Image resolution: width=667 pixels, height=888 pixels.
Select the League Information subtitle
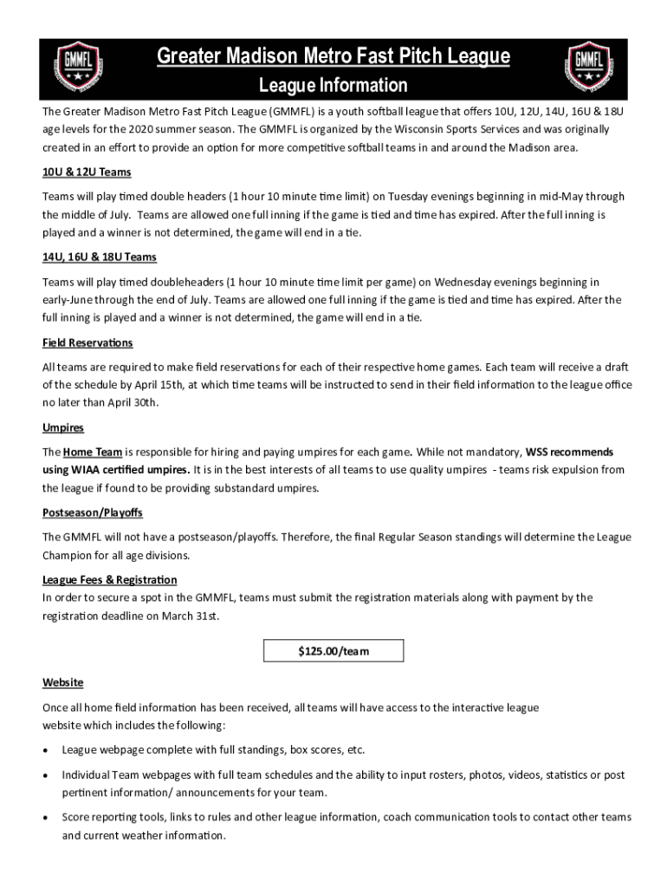point(333,86)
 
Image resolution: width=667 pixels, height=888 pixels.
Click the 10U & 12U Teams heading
point(87,172)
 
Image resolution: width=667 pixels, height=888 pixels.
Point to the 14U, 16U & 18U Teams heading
point(100,258)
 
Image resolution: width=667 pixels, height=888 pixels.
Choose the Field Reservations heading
point(87,343)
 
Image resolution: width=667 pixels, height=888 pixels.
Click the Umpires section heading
point(63,428)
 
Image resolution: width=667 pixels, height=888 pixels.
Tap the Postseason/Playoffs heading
point(93,513)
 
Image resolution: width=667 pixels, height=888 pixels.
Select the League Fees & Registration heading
point(110,579)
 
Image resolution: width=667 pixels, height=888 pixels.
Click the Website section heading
point(63,682)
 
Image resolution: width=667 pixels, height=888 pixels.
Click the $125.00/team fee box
point(333,650)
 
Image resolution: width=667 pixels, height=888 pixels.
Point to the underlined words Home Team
point(93,452)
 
